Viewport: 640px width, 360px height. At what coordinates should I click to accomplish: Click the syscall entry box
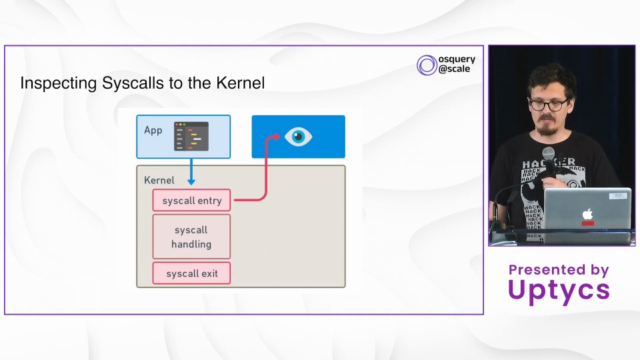191,201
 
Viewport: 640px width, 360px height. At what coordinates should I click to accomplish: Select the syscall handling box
191,237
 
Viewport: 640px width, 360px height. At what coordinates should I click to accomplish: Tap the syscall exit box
191,273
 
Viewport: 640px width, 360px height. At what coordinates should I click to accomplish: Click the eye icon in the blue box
299,137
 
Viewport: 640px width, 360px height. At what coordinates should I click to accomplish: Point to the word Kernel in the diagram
159,181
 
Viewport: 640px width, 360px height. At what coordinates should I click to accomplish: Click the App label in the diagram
153,131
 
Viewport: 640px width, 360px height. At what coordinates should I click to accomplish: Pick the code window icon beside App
191,136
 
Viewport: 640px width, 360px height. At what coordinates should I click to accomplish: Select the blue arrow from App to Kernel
191,171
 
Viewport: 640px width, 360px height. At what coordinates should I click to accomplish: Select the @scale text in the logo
454,69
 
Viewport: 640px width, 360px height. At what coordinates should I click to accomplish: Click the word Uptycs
559,291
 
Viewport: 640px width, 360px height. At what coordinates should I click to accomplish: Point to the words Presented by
559,269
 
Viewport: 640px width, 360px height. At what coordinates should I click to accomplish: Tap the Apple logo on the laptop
587,214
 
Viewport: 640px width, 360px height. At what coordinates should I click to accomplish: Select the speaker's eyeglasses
549,105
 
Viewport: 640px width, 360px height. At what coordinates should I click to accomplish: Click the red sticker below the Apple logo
588,223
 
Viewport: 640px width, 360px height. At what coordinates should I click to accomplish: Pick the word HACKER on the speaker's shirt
548,163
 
